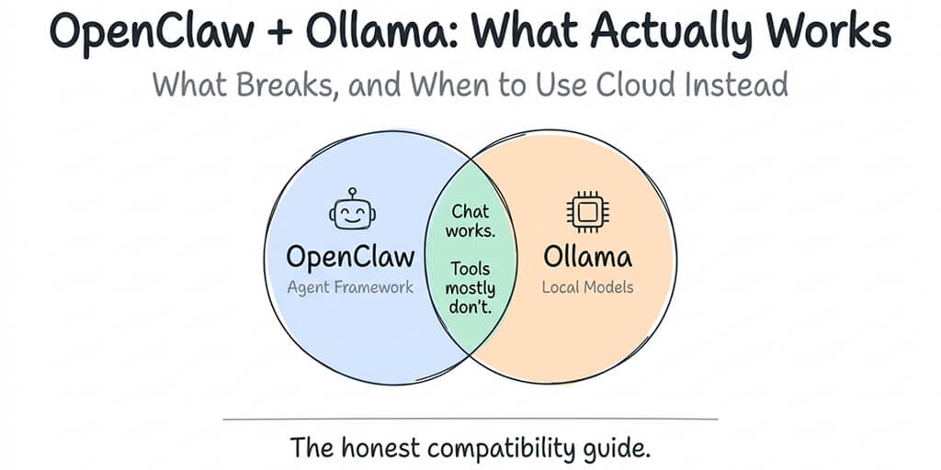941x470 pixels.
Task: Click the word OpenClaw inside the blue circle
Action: coord(350,256)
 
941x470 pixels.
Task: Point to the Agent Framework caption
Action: coord(350,287)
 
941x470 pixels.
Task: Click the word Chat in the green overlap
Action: coord(470,213)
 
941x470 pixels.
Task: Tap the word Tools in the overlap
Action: coord(470,270)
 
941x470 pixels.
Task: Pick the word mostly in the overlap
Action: coord(470,289)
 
